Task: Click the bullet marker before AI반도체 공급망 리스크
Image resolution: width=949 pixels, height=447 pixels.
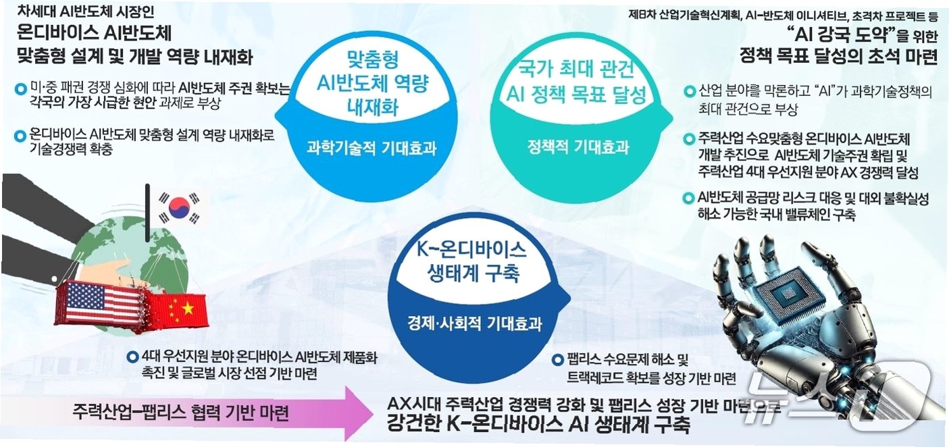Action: click(689, 199)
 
